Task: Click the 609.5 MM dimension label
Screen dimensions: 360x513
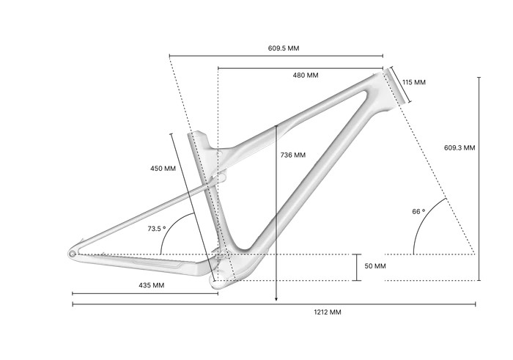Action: click(283, 48)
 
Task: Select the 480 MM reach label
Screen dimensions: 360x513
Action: click(306, 76)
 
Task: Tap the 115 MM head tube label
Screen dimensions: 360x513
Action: click(414, 82)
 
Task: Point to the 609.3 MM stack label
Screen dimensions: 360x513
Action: click(460, 147)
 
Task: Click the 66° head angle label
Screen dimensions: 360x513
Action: click(418, 211)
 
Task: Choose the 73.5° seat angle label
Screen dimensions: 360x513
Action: click(157, 229)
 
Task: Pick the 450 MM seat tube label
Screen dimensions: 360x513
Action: click(163, 169)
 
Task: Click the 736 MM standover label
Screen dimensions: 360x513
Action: click(293, 155)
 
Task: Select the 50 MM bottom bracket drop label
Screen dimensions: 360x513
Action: click(375, 266)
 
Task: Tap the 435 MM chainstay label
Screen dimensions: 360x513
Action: click(151, 284)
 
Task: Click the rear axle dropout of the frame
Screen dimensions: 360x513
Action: click(73, 254)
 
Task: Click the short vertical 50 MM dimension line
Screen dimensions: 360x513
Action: click(357, 267)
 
